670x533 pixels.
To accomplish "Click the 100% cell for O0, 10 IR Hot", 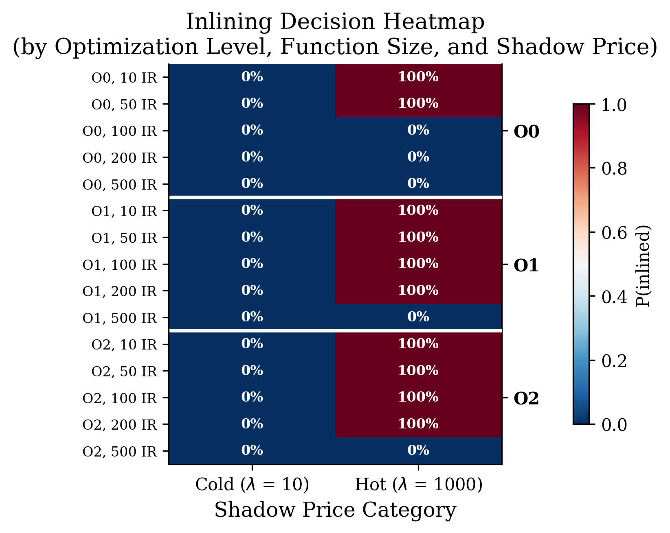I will point(418,77).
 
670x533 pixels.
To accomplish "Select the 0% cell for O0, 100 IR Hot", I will point(418,130).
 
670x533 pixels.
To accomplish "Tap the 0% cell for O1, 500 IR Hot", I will point(418,317).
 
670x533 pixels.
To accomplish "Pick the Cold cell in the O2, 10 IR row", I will point(252,344).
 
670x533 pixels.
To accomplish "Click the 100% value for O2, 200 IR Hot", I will point(418,424).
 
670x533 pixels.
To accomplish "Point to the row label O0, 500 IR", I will point(120,185).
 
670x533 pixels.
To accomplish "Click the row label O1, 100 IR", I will point(120,265).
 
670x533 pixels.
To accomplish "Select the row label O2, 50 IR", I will point(124,371).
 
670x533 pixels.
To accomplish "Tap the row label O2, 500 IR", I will point(120,452).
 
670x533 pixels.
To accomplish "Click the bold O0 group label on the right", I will point(526,132).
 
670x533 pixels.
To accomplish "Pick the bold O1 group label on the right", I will point(526,266).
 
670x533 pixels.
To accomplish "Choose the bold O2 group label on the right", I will point(526,400).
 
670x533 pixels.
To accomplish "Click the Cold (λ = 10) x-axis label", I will point(252,485).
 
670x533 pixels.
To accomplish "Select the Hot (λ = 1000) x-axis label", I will point(418,485).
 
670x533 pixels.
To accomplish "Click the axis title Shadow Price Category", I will point(335,510).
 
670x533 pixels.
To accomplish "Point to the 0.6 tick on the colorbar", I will point(614,233).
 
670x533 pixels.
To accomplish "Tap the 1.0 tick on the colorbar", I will point(614,105).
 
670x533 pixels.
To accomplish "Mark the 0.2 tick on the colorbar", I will point(614,360).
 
